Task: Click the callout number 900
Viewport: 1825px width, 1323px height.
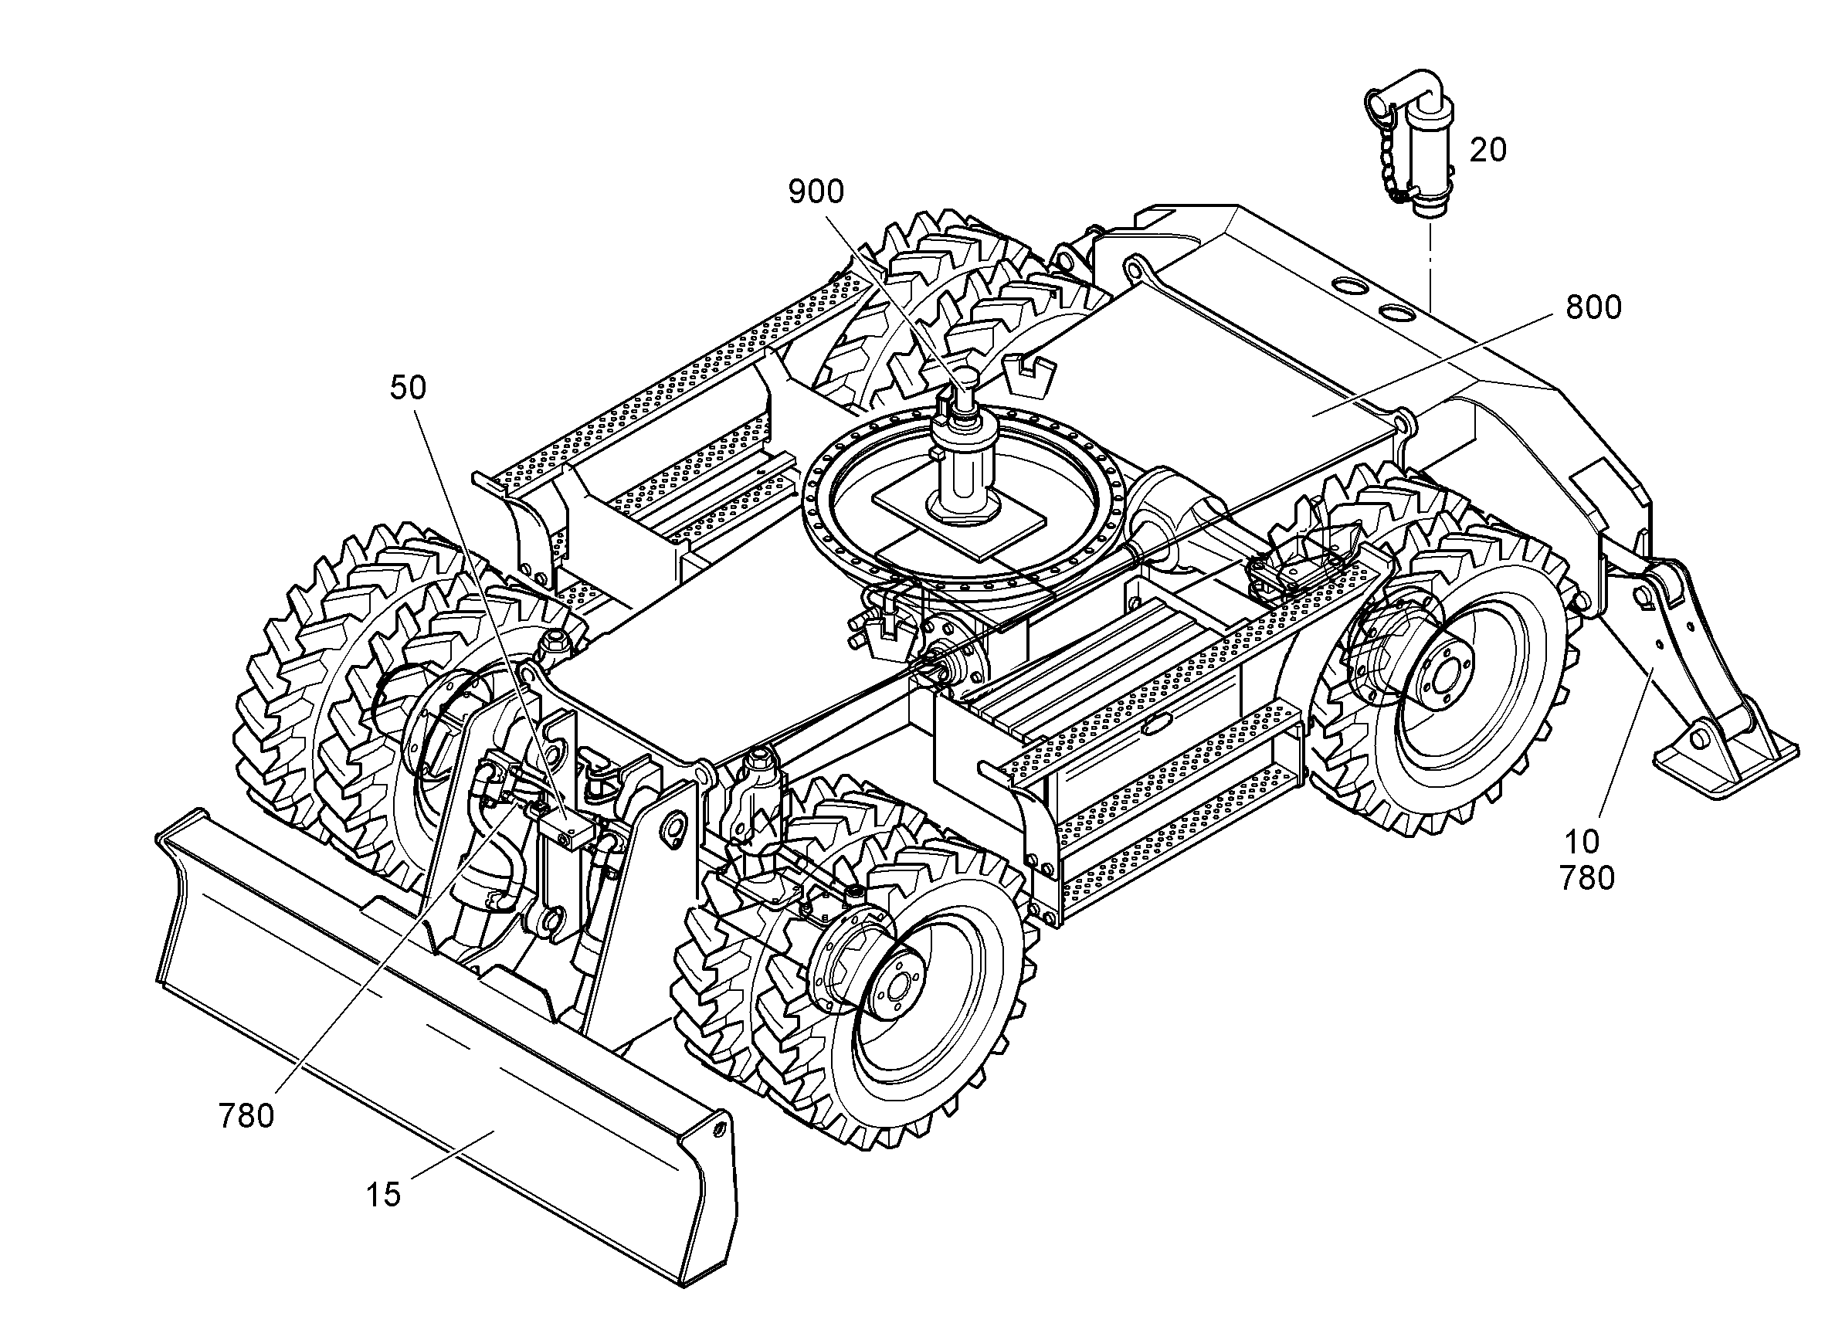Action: click(815, 192)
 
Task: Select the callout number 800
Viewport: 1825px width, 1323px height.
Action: click(1593, 307)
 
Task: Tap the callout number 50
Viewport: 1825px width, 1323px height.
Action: click(408, 388)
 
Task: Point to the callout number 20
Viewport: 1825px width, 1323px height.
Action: click(1487, 150)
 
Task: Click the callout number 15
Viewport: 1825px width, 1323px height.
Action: click(383, 1195)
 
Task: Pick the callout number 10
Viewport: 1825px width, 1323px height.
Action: click(1581, 842)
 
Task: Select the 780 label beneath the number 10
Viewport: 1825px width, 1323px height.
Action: click(1588, 878)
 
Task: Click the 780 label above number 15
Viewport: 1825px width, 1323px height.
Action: click(246, 1116)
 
